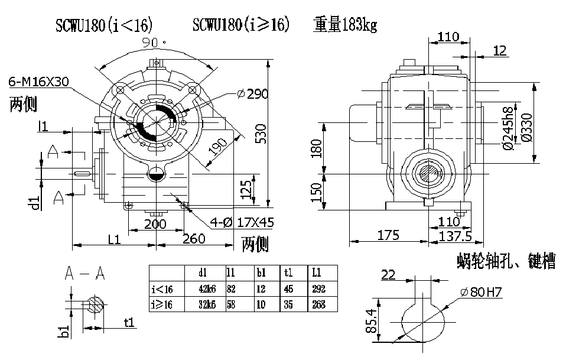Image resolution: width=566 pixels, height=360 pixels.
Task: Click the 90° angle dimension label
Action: coord(155,43)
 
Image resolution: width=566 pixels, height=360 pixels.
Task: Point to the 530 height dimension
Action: coord(261,135)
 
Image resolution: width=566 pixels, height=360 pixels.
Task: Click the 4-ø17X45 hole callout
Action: coord(242,223)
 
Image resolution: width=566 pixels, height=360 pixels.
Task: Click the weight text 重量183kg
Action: coord(345,25)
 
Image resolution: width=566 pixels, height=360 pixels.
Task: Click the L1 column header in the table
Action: coord(316,273)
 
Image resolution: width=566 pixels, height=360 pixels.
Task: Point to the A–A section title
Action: coord(84,273)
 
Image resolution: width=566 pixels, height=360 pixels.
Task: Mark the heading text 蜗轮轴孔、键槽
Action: coord(506,262)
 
